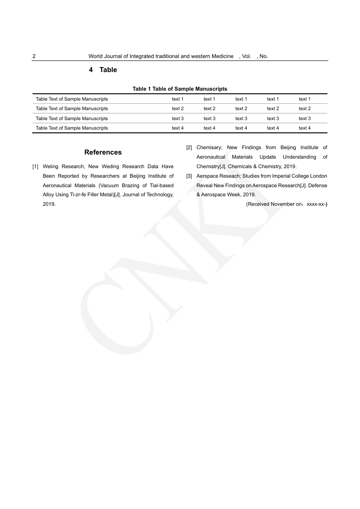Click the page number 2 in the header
(x=34, y=57)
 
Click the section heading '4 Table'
(x=103, y=70)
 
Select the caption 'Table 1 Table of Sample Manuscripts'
(x=180, y=89)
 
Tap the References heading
(x=103, y=152)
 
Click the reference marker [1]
(x=35, y=166)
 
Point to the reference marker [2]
(x=189, y=147)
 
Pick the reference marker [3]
(x=189, y=176)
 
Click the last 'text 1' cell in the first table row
(x=304, y=99)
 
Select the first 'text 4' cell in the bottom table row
(x=178, y=128)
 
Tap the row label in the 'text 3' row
(x=72, y=118)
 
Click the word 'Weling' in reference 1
(x=50, y=166)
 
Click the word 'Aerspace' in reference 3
(x=206, y=176)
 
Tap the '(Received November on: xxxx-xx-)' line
(x=287, y=204)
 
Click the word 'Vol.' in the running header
(x=247, y=57)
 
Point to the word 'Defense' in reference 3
(x=318, y=185)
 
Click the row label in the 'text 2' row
(x=72, y=109)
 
